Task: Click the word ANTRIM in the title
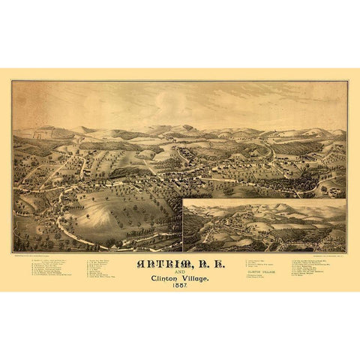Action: [156, 263]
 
